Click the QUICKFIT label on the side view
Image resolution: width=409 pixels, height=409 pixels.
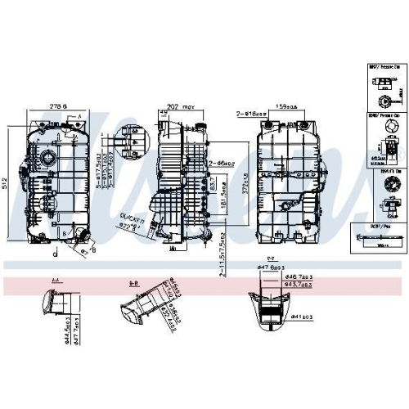coord(131,216)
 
